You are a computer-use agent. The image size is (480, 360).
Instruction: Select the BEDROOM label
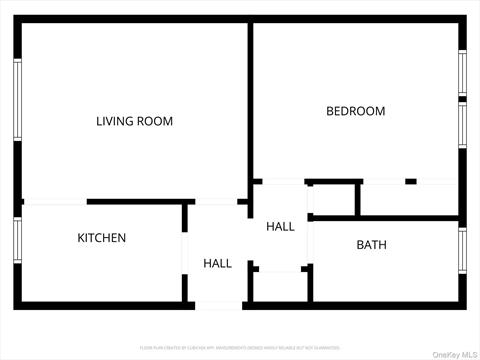tap(355, 111)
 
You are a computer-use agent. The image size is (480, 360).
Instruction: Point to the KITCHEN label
tap(102, 238)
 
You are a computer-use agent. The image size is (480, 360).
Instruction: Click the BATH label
tap(371, 245)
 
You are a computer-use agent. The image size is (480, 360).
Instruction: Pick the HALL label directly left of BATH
tap(280, 227)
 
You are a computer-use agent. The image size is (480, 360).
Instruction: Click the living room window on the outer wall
tap(17, 100)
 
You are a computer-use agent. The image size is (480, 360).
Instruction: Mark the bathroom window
tap(462, 250)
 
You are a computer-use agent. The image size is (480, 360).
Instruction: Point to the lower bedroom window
tap(462, 125)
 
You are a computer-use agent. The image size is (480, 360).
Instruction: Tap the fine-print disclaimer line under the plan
tap(240, 347)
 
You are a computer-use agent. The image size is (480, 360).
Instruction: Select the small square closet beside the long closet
tap(334, 199)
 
